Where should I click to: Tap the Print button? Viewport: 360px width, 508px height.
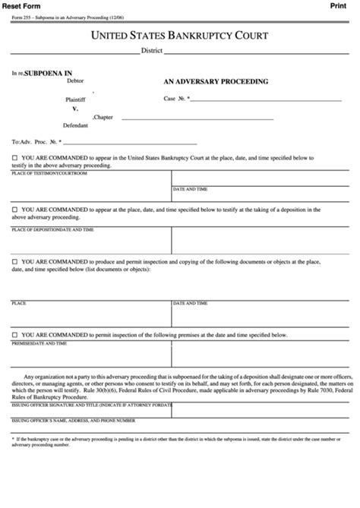[339, 5]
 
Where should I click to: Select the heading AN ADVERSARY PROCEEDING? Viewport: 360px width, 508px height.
[216, 80]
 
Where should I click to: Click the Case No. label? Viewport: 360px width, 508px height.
[176, 98]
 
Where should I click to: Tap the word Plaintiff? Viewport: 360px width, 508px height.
[76, 99]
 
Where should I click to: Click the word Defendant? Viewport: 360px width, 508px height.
[75, 125]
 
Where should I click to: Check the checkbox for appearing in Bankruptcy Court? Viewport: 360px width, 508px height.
[15, 157]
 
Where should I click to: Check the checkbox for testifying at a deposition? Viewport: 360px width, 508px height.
[15, 208]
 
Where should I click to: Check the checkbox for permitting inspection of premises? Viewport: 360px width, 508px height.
[15, 334]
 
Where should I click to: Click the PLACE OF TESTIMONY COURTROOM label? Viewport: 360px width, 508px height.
[49, 173]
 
